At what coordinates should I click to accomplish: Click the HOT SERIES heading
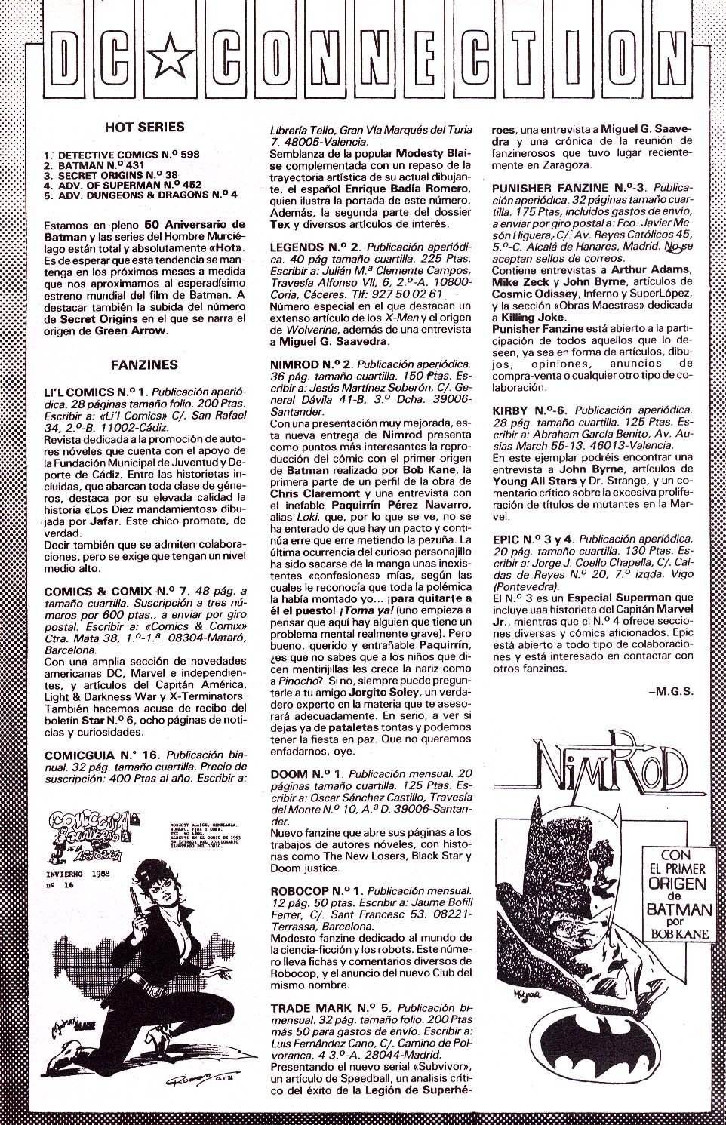pyautogui.click(x=144, y=128)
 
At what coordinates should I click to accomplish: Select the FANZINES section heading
pyautogui.click(x=143, y=364)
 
